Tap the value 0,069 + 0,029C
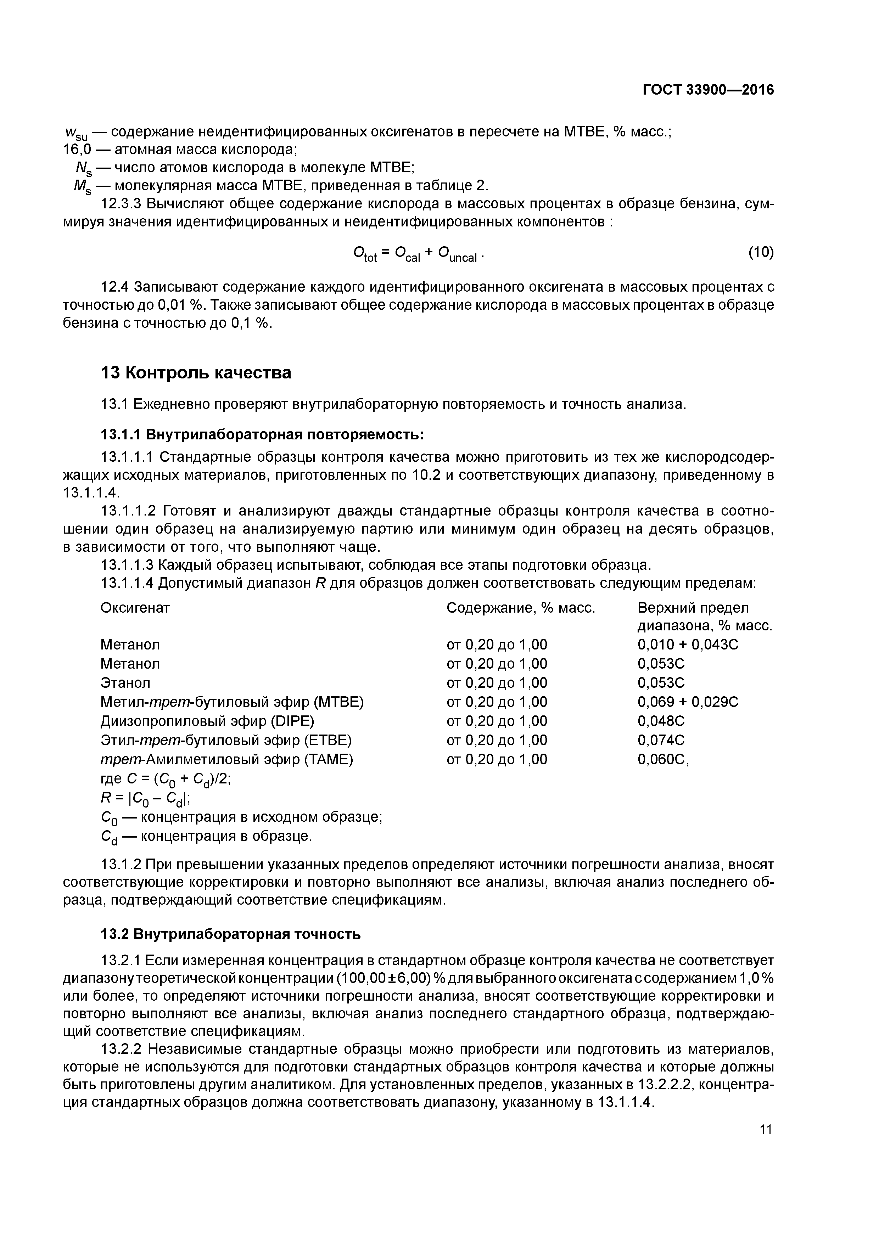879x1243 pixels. click(688, 702)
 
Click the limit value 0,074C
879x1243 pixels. click(661, 740)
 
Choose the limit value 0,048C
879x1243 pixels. click(661, 721)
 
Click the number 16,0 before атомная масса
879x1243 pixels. click(77, 150)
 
